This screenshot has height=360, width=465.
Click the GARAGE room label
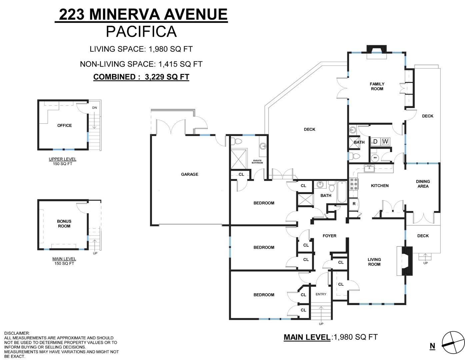click(189, 174)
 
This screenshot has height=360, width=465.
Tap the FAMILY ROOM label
click(377, 86)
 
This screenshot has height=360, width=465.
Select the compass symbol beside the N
click(453, 343)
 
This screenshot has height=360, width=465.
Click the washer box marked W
click(385, 142)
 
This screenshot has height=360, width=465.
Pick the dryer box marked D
click(375, 142)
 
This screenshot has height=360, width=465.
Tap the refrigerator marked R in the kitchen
click(354, 204)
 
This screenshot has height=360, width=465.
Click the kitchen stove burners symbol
click(354, 184)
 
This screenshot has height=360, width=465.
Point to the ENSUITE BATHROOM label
click(257, 162)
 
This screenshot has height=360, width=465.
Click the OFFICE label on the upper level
click(64, 125)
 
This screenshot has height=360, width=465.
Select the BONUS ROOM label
click(64, 224)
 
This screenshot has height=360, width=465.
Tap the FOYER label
click(329, 236)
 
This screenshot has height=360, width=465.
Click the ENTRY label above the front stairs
click(321, 294)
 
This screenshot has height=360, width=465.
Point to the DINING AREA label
click(423, 184)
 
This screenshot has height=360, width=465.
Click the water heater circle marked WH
click(375, 158)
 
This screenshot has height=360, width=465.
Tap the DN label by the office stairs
click(94, 108)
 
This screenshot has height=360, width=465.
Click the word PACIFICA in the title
click(141, 31)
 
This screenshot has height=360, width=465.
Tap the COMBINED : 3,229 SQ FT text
click(141, 77)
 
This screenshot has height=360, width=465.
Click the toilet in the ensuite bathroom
click(236, 141)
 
